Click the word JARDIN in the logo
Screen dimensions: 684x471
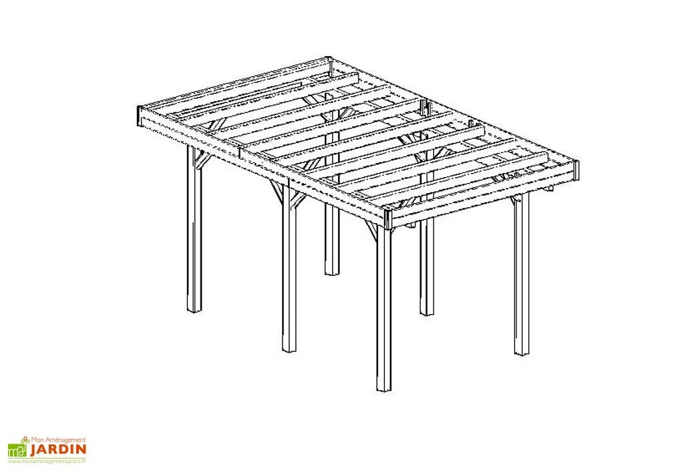(58, 449)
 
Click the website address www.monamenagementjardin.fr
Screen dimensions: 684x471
(47, 460)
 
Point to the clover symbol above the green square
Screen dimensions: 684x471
(25, 440)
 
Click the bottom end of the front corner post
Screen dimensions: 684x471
(384, 390)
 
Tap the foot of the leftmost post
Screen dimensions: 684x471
(194, 311)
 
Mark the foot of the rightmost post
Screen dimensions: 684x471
(521, 353)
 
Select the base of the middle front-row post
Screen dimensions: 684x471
(289, 350)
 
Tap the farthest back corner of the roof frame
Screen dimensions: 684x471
(329, 58)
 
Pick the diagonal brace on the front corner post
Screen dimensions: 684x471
(371, 230)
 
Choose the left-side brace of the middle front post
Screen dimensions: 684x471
(277, 192)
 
